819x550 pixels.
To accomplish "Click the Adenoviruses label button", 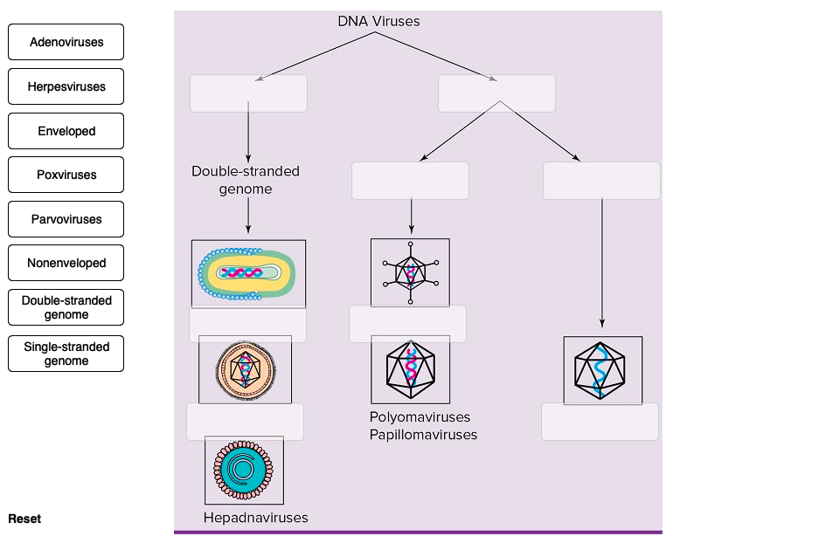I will (66, 42).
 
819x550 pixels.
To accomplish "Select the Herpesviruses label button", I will (66, 86).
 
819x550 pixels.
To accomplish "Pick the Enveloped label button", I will (66, 131).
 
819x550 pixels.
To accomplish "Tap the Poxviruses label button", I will (66, 175).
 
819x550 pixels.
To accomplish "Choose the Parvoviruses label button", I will (66, 219).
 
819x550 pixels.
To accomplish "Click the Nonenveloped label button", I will (66, 263).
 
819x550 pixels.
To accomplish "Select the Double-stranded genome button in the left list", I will (66, 307).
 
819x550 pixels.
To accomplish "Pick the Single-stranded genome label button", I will (66, 354).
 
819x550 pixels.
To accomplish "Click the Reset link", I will (24, 519).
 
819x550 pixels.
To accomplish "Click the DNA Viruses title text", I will (378, 21).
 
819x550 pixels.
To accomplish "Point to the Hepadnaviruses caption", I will (255, 518).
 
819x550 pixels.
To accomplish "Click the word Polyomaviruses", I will (420, 417).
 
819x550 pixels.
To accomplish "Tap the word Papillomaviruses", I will (423, 434).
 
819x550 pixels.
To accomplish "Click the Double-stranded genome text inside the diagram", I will (245, 180).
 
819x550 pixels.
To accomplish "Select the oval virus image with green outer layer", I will (248, 273).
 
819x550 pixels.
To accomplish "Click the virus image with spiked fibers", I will (410, 272).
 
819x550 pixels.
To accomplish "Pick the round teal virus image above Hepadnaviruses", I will (244, 470).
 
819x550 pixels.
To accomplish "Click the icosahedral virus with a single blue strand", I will (602, 370).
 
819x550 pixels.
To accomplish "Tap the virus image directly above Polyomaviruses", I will (410, 369).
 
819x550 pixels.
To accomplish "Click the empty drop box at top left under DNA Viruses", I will (248, 93).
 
